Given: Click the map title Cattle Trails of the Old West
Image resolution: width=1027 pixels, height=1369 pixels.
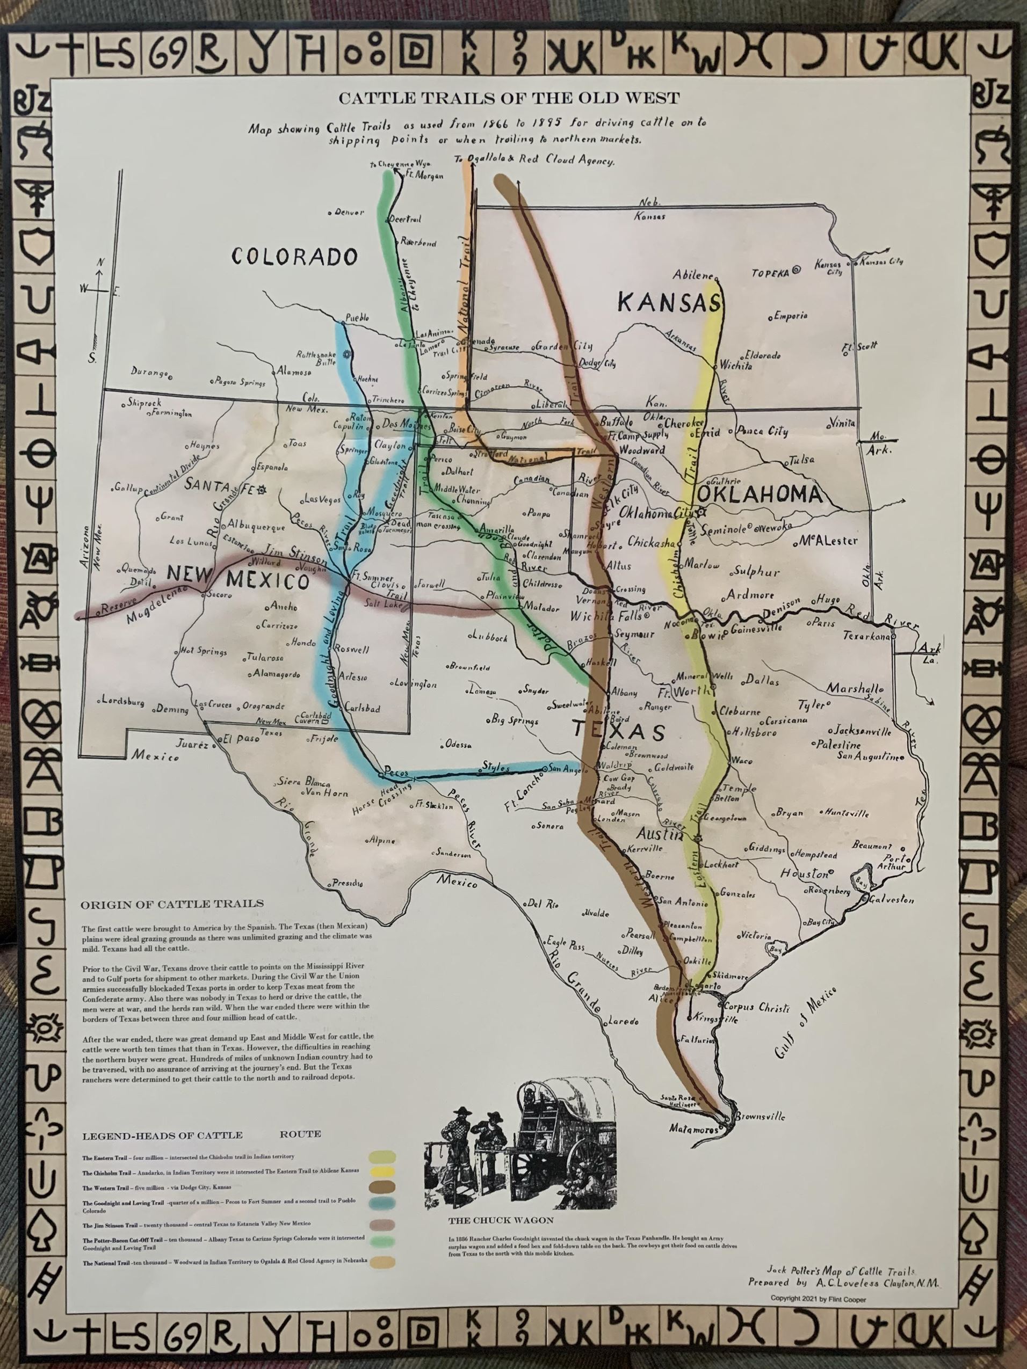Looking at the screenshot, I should [508, 98].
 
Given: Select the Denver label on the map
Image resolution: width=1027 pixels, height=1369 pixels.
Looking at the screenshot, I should [350, 212].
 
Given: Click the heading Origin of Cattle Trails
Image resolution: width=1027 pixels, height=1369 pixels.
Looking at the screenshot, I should [171, 904].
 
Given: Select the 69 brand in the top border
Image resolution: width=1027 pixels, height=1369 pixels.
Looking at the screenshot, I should [167, 56].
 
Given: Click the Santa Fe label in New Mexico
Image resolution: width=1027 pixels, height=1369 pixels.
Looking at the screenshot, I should [223, 486].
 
